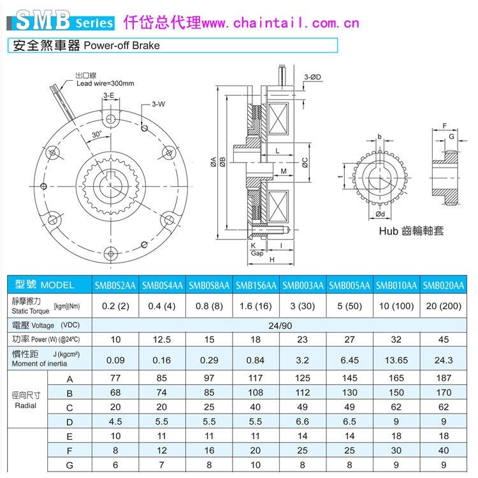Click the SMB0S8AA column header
click(209, 286)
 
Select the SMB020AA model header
click(443, 286)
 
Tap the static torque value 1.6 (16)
click(256, 306)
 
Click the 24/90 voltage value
click(280, 326)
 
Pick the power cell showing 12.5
click(162, 339)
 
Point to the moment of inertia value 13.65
click(396, 360)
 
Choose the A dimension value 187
click(444, 378)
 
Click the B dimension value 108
click(256, 393)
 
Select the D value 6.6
click(302, 421)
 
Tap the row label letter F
click(69, 451)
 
